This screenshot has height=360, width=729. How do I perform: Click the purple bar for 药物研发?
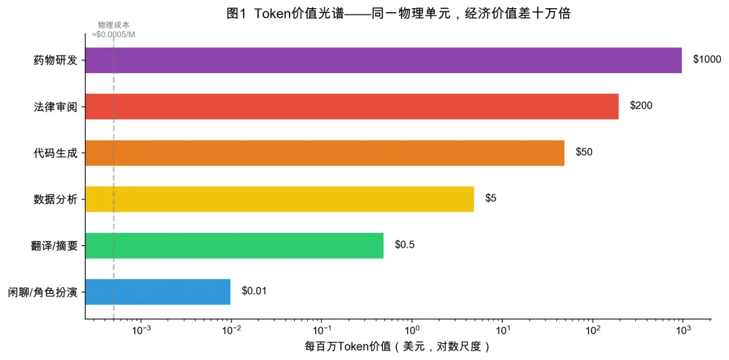point(383,60)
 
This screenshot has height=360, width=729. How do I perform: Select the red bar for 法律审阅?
point(352,106)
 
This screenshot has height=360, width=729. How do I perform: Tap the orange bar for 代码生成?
point(325,153)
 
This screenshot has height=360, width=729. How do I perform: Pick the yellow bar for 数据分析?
point(279,199)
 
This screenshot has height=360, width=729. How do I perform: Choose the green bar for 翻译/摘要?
point(234,245)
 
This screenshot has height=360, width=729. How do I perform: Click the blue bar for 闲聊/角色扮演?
point(158,291)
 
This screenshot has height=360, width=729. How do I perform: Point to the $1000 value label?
point(707,60)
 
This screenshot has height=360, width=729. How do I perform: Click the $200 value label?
point(641,106)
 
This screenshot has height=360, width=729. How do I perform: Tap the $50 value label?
point(584,153)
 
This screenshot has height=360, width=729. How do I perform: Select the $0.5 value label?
point(404,245)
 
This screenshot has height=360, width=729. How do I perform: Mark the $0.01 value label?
point(254,291)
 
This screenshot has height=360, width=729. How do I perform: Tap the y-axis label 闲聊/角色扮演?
point(43,292)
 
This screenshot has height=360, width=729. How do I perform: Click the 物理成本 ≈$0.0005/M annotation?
point(113,30)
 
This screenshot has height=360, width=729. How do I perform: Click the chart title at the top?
point(398,14)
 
